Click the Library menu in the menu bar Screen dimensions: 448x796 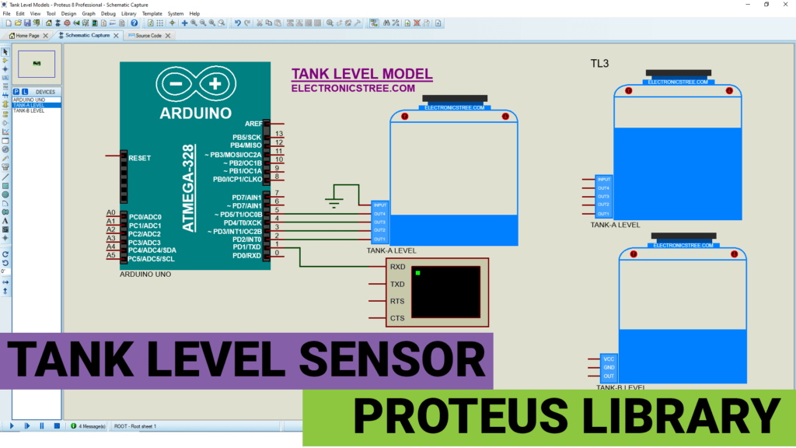click(x=128, y=13)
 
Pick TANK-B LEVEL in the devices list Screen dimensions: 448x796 click(x=29, y=110)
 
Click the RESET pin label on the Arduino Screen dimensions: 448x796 click(x=140, y=158)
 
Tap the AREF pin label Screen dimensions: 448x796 click(x=253, y=124)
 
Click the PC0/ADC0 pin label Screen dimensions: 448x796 click(x=145, y=216)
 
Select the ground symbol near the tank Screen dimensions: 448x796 click(x=335, y=203)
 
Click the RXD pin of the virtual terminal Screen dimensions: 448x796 click(x=397, y=266)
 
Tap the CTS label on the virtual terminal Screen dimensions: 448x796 click(x=397, y=318)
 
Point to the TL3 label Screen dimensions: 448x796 click(x=599, y=63)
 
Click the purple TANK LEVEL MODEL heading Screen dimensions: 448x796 click(x=361, y=75)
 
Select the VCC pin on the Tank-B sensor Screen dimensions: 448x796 click(x=609, y=359)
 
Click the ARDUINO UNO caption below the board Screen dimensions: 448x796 click(x=145, y=275)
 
